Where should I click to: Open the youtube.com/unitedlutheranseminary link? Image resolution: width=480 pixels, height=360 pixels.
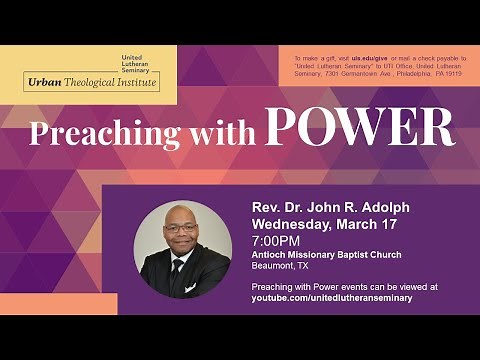331,298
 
